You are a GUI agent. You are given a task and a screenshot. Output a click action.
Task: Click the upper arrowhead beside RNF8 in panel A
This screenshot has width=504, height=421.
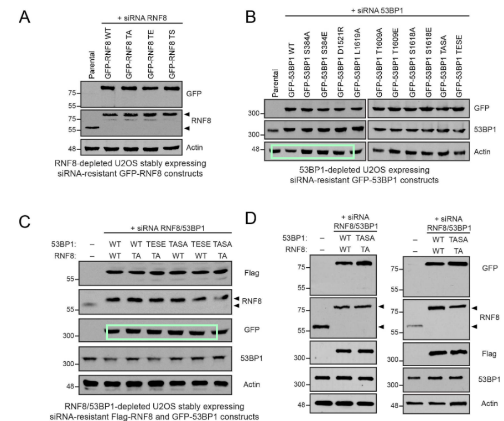188,114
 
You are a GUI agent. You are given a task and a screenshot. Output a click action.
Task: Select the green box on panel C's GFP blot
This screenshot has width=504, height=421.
161,332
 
